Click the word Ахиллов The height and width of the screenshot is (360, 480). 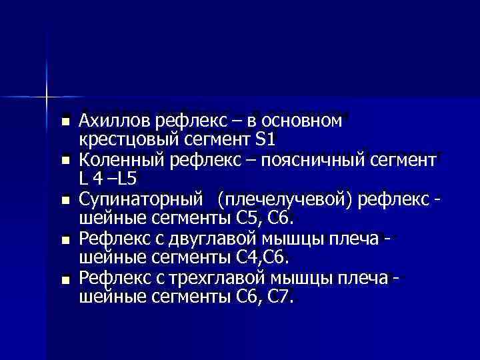pyautogui.click(x=114, y=121)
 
